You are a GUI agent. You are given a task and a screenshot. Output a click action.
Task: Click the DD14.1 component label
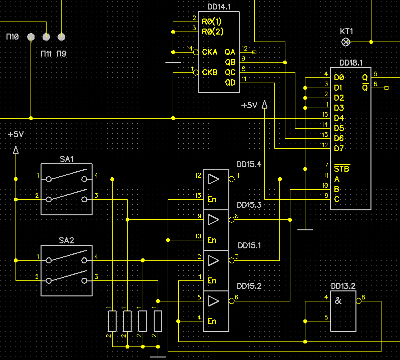[x=219, y=7]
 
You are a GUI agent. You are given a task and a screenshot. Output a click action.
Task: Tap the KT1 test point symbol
[x=345, y=42]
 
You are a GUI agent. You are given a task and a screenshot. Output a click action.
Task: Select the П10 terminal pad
[x=31, y=37]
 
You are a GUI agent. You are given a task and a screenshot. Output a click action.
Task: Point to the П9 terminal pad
[x=61, y=37]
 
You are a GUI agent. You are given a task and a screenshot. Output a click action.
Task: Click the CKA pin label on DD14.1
[x=210, y=52]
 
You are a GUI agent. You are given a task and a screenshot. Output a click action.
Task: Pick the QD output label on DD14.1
[x=230, y=83]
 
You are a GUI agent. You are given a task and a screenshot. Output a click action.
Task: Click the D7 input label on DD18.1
[x=339, y=148]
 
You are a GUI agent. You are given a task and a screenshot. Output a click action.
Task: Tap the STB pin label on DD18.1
[x=342, y=169]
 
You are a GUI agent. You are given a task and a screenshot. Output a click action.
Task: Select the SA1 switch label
[x=67, y=159]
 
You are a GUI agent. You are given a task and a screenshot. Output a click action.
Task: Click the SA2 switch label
[x=66, y=240]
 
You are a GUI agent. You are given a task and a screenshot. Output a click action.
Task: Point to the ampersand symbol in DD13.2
[x=338, y=300]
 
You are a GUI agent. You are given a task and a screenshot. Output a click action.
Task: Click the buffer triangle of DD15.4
[x=214, y=179]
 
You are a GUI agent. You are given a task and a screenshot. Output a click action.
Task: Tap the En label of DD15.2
[x=212, y=321]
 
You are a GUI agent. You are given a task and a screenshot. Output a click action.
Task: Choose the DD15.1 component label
[x=249, y=245]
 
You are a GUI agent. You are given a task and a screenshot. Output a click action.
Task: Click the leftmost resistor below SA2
[x=113, y=321]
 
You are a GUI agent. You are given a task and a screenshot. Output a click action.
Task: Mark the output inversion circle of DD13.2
[x=358, y=301]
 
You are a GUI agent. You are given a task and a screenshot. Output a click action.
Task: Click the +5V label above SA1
[x=16, y=134]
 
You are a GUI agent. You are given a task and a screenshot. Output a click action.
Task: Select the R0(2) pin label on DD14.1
[x=212, y=32]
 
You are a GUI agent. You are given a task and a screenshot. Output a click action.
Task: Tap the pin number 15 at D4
[x=325, y=115]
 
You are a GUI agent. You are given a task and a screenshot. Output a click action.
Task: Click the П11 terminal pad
[x=46, y=37]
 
